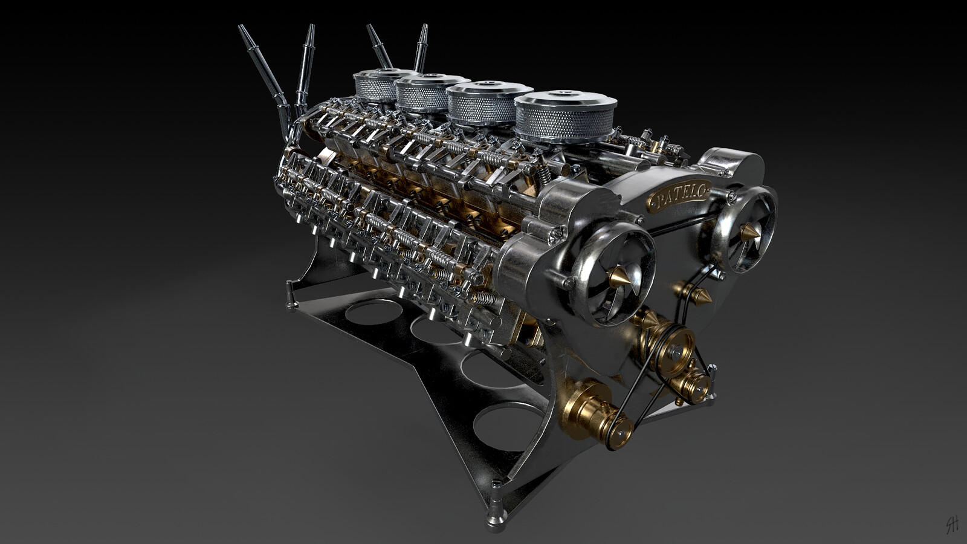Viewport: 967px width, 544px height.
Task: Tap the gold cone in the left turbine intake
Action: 619,278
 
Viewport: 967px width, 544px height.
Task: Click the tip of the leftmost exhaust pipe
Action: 242,28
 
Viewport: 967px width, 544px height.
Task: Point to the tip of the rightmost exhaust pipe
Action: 424,28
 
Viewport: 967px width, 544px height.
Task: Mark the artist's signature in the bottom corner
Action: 951,525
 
